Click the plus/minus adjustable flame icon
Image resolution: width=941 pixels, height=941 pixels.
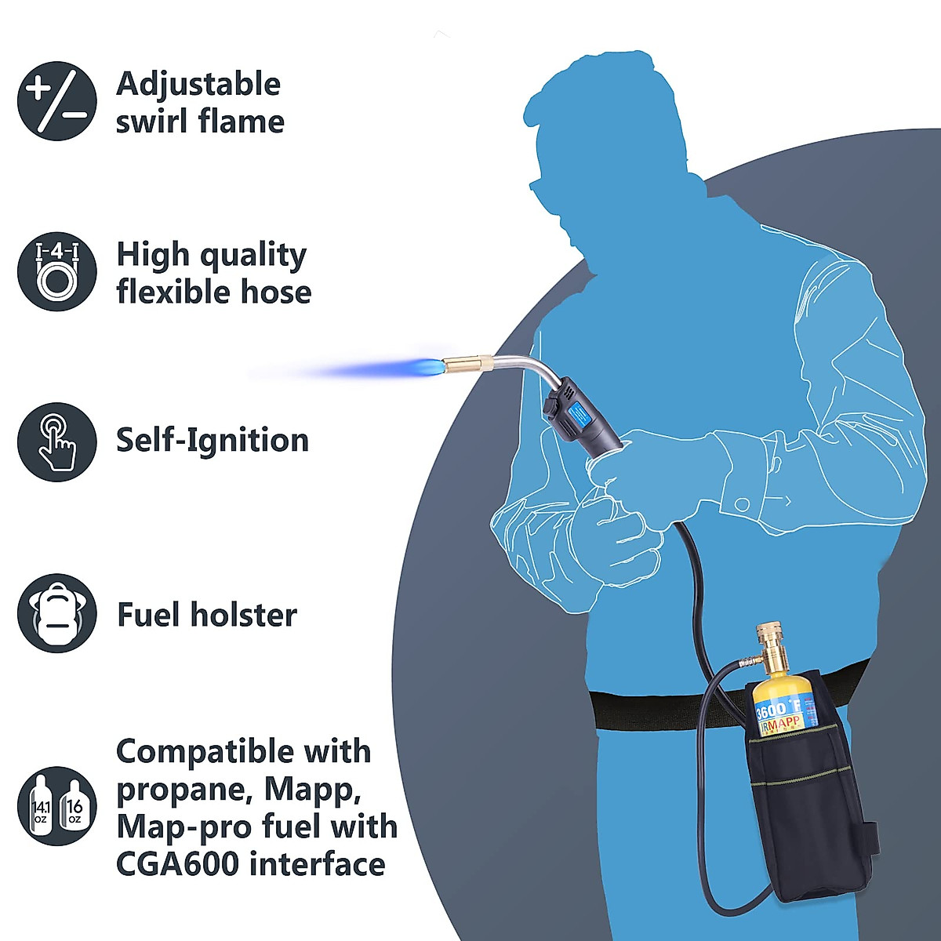point(56,101)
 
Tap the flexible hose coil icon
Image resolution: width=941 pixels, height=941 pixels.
point(56,271)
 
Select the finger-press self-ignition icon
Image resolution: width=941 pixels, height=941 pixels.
point(56,441)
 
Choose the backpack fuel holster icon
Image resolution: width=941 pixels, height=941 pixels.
point(56,613)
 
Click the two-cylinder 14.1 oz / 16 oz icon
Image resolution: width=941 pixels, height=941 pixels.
point(56,806)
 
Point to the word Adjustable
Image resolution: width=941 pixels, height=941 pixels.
point(198,85)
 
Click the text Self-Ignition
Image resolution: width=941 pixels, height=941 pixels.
point(213,440)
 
